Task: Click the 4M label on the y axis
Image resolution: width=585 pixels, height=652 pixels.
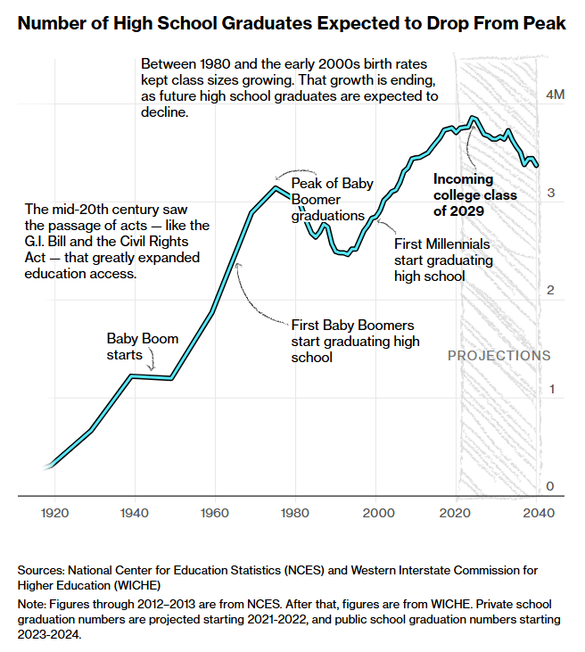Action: click(x=554, y=95)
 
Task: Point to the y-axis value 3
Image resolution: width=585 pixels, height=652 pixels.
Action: click(x=551, y=193)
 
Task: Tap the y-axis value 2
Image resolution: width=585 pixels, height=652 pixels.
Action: click(x=551, y=291)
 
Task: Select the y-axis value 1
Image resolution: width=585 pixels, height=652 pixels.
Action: click(x=551, y=389)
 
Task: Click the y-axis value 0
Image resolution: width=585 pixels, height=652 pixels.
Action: click(x=551, y=486)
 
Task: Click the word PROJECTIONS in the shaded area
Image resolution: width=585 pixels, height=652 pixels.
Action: click(x=498, y=355)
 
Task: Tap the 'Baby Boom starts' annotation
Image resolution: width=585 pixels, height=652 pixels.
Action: click(x=143, y=347)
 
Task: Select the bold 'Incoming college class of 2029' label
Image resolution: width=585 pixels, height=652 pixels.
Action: click(x=474, y=195)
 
